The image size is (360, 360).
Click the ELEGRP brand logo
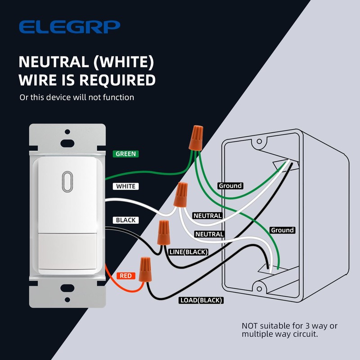(x=69, y=27)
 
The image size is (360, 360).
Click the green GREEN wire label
(x=126, y=154)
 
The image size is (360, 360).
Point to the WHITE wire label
(x=126, y=186)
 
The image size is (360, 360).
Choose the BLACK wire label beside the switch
(x=126, y=220)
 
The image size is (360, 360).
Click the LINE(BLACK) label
(x=188, y=252)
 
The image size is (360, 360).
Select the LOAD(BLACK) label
(x=201, y=300)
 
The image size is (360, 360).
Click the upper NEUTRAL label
(x=207, y=216)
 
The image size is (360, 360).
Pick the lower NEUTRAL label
(x=209, y=234)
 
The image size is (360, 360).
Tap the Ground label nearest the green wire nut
(x=230, y=185)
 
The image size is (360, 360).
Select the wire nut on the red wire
(x=145, y=269)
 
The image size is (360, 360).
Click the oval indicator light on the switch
(x=67, y=181)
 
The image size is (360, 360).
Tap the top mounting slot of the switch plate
(x=67, y=144)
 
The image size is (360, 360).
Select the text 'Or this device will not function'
(x=76, y=97)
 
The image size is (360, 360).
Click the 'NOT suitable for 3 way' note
(x=289, y=330)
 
